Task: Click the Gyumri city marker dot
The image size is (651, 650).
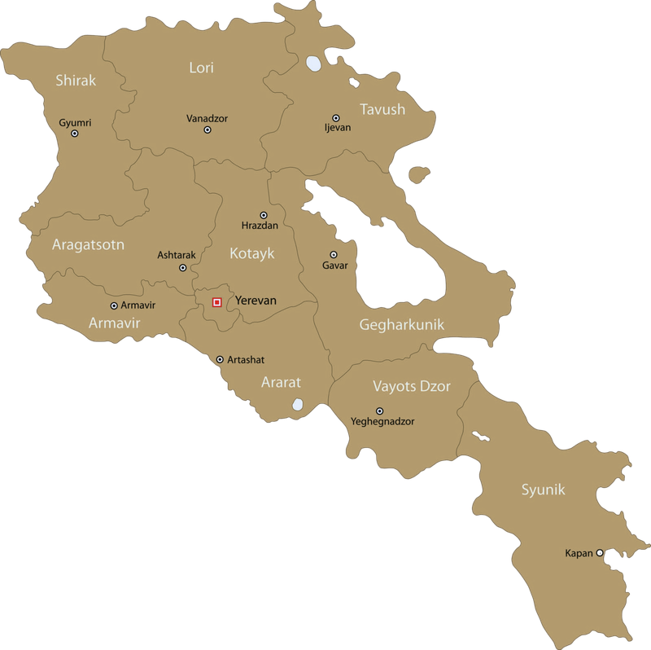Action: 74,134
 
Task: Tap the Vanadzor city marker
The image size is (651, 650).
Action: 208,130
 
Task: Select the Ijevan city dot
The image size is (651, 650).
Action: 335,118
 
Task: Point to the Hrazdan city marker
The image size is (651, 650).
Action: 263,215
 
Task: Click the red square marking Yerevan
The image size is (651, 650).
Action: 216,302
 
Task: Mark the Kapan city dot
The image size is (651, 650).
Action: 600,552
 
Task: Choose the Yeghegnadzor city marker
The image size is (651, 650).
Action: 379,411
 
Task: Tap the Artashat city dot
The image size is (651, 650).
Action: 220,359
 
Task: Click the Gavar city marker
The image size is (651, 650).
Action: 334,255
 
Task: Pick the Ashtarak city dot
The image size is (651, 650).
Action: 182,267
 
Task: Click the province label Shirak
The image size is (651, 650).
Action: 76,80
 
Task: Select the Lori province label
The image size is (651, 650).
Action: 201,68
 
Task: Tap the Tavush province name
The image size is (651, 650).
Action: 382,109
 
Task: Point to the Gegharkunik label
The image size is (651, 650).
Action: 402,324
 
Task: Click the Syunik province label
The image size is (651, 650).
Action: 543,490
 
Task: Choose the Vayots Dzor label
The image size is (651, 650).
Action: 412,385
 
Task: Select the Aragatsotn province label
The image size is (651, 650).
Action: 88,244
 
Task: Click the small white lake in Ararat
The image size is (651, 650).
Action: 298,404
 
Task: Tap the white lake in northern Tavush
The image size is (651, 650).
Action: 312,63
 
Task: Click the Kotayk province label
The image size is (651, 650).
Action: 252,253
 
